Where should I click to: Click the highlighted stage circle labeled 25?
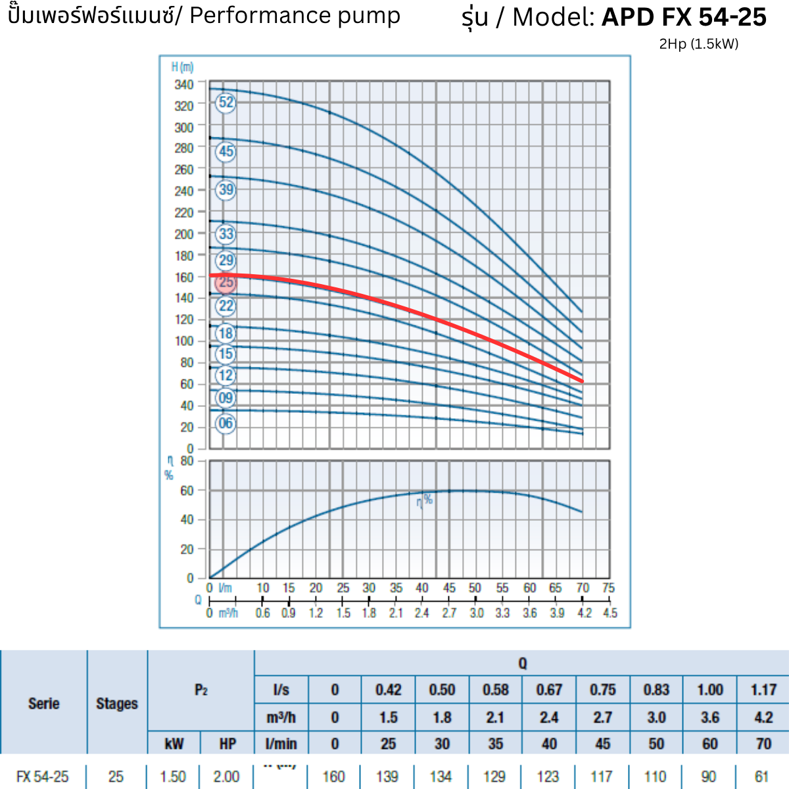coord(226,282)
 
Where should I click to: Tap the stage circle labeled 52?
coord(226,103)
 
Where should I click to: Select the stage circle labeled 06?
coord(226,423)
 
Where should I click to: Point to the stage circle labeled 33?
coord(226,233)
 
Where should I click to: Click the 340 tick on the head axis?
coord(184,85)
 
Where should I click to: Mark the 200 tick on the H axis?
coord(184,234)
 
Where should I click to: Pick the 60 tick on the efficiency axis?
coord(187,490)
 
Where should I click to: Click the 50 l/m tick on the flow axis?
coord(475,588)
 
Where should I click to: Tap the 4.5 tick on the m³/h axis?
coord(610,613)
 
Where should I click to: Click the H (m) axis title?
coord(183,67)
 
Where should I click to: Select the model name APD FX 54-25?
coord(684,18)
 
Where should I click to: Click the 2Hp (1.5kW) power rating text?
coord(698,44)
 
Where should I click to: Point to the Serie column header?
coord(44,704)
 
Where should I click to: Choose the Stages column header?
coord(117,704)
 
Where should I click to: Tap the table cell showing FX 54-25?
coord(43,777)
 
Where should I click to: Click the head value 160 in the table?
coord(334,777)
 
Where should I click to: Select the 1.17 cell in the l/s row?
coord(763,690)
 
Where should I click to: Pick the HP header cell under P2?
coord(227,744)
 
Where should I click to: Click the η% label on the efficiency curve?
coord(425,501)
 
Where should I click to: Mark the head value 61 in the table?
coord(761,777)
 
